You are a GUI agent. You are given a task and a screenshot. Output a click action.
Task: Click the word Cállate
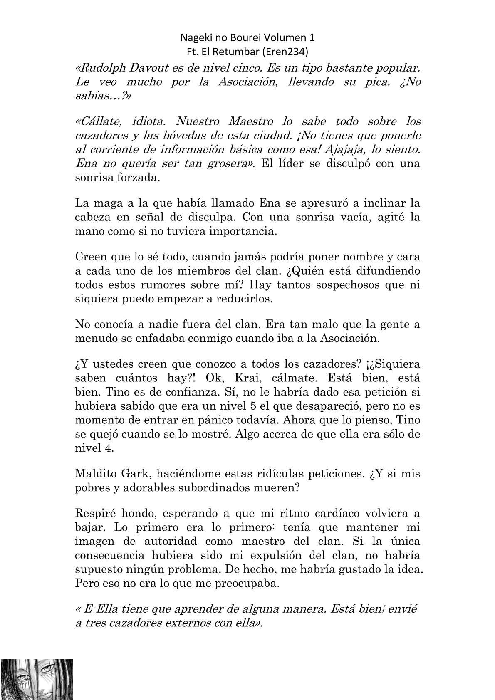99,121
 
